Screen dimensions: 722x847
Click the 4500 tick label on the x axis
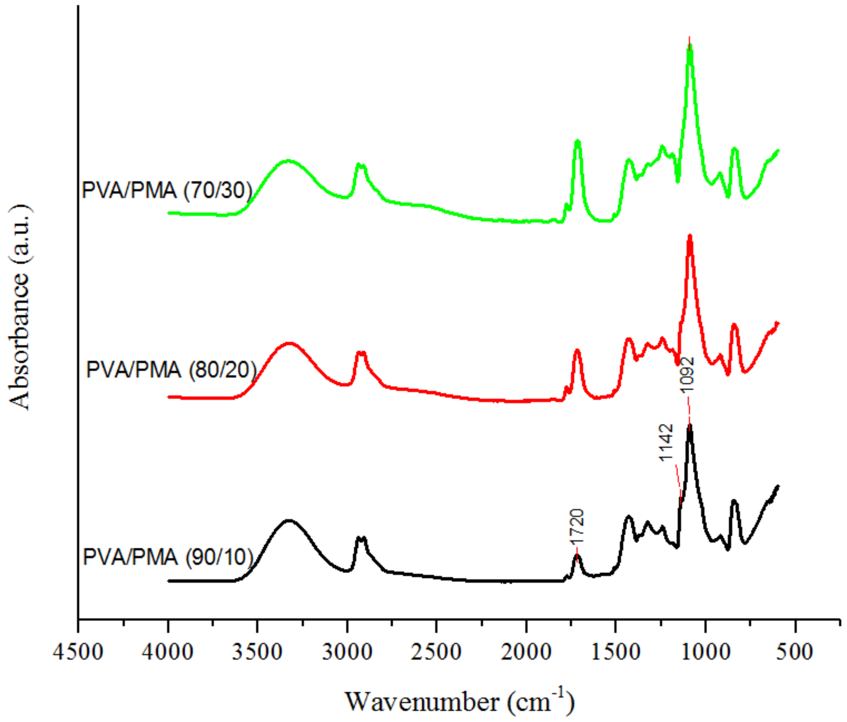tap(78, 651)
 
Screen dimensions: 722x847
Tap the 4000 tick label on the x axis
tap(168, 651)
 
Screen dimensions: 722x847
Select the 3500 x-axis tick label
tap(257, 651)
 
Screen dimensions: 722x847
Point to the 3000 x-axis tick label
tap(347, 651)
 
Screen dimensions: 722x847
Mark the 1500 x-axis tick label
tap(616, 651)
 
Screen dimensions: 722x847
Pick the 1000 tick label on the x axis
tap(706, 651)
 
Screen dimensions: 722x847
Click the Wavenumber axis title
tap(460, 702)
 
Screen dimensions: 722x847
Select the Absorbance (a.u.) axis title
tap(19, 308)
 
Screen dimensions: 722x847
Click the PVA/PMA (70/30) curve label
tap(167, 190)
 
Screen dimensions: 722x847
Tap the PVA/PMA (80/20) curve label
tap(171, 370)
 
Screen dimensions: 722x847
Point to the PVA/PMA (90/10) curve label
tap(168, 557)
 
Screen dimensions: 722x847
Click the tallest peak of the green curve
tap(690, 47)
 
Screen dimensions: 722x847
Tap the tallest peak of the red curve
tap(690, 237)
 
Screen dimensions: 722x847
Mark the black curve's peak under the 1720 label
tap(577, 556)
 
